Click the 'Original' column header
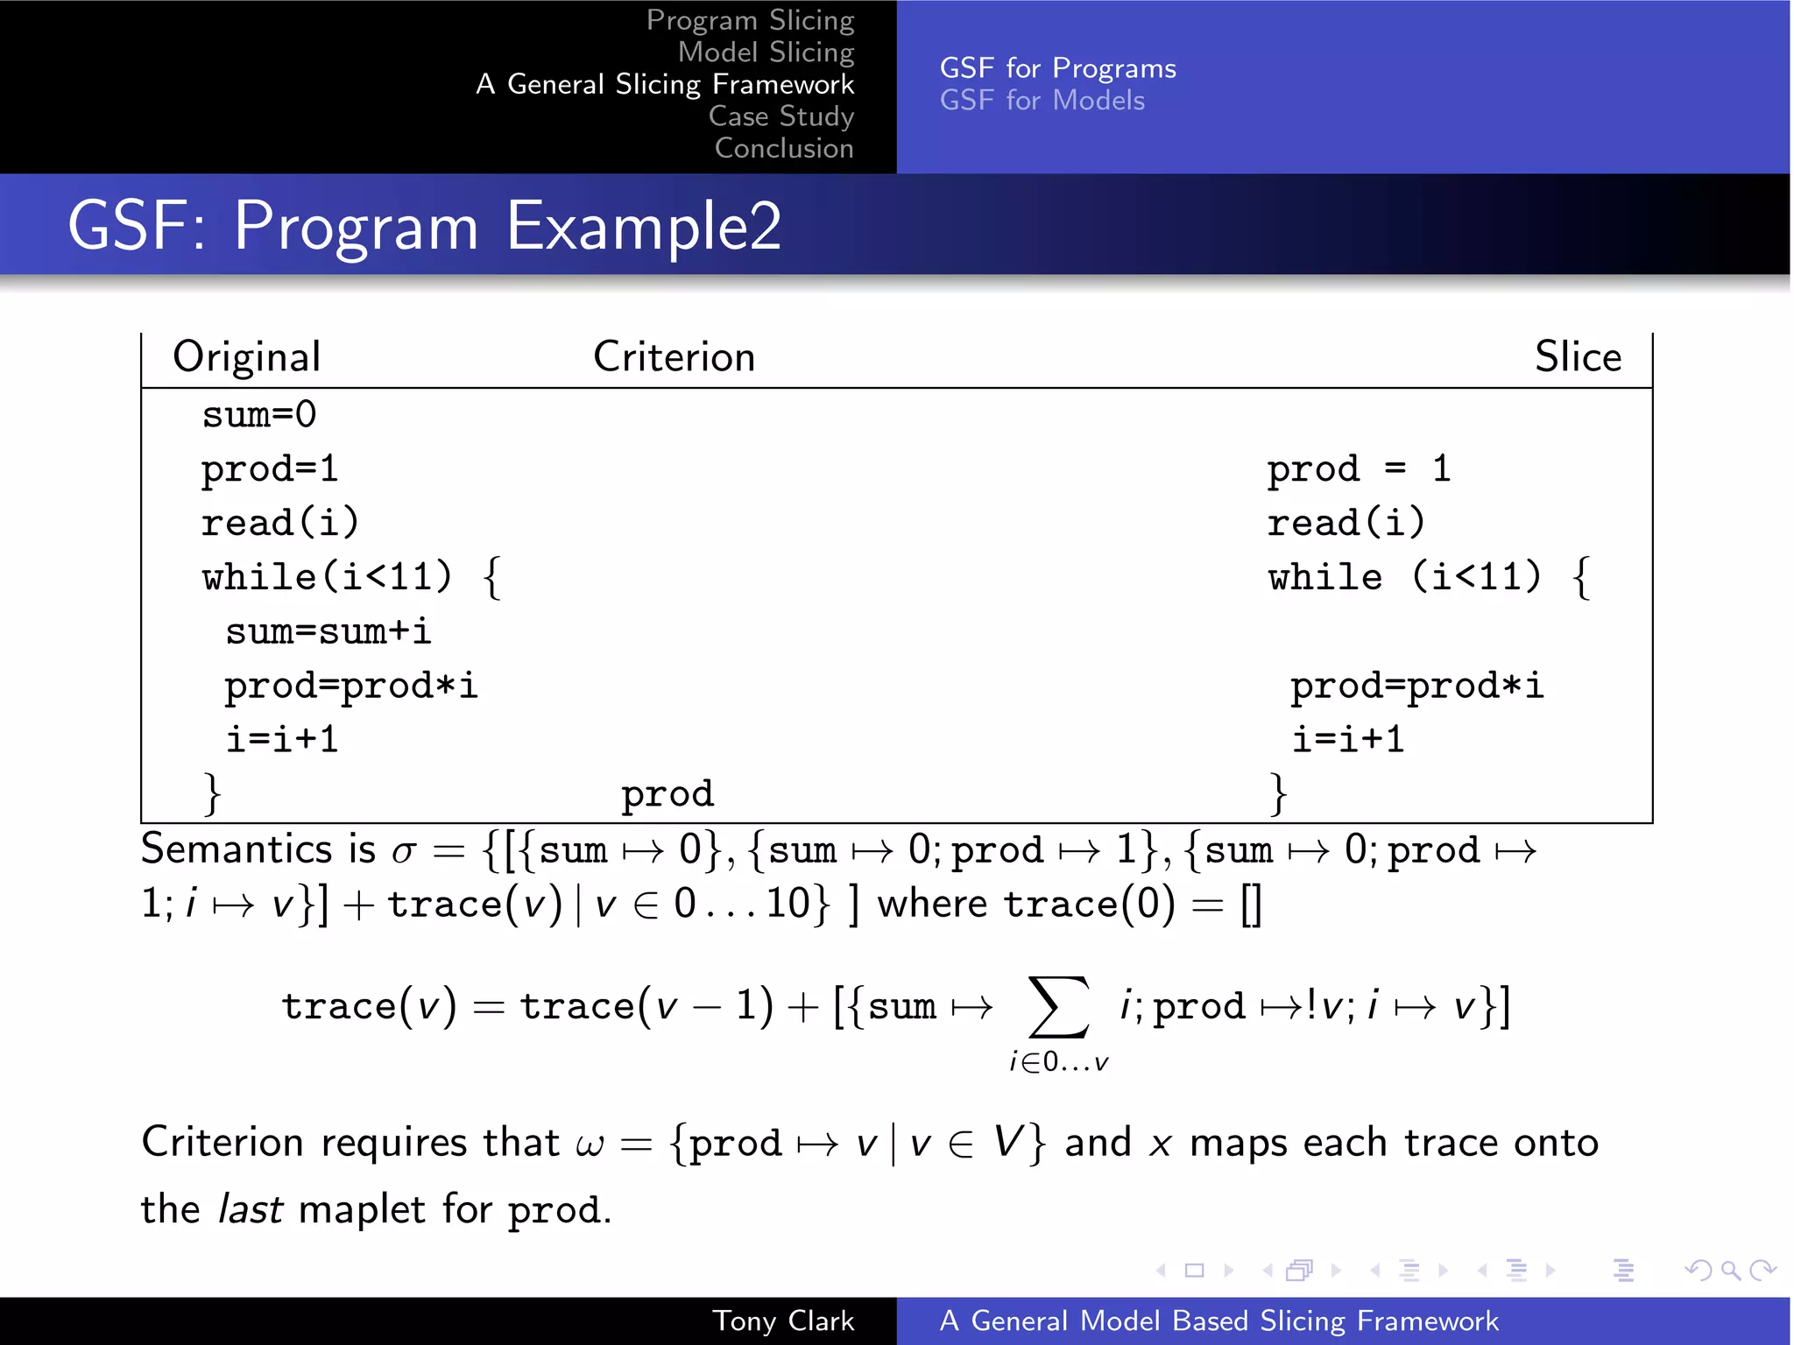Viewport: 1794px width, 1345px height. [x=247, y=357]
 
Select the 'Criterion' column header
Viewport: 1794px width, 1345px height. [x=674, y=357]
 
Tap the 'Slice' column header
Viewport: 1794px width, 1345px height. [x=1578, y=357]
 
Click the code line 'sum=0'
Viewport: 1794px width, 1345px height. [x=259, y=414]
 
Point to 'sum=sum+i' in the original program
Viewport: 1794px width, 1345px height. [x=328, y=631]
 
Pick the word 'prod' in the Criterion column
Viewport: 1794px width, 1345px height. [x=667, y=794]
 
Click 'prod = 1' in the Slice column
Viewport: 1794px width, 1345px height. [x=1359, y=468]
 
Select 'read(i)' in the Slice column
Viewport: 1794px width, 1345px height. [x=1346, y=523]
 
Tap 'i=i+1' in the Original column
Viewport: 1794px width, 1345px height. [x=282, y=740]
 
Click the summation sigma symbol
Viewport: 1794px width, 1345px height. [x=1059, y=1007]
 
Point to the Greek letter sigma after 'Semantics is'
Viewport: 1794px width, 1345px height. [x=403, y=852]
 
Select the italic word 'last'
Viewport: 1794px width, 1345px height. [x=250, y=1209]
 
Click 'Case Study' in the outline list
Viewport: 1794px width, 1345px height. [x=780, y=116]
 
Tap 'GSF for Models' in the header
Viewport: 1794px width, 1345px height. [x=1042, y=101]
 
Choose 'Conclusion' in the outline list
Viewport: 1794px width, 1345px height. [x=783, y=149]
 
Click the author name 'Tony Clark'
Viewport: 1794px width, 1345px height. [x=782, y=1320]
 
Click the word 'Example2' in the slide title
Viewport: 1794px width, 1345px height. [x=644, y=226]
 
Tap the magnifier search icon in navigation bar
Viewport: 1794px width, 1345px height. [x=1730, y=1270]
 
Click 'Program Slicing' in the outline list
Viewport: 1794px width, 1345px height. [x=750, y=20]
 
